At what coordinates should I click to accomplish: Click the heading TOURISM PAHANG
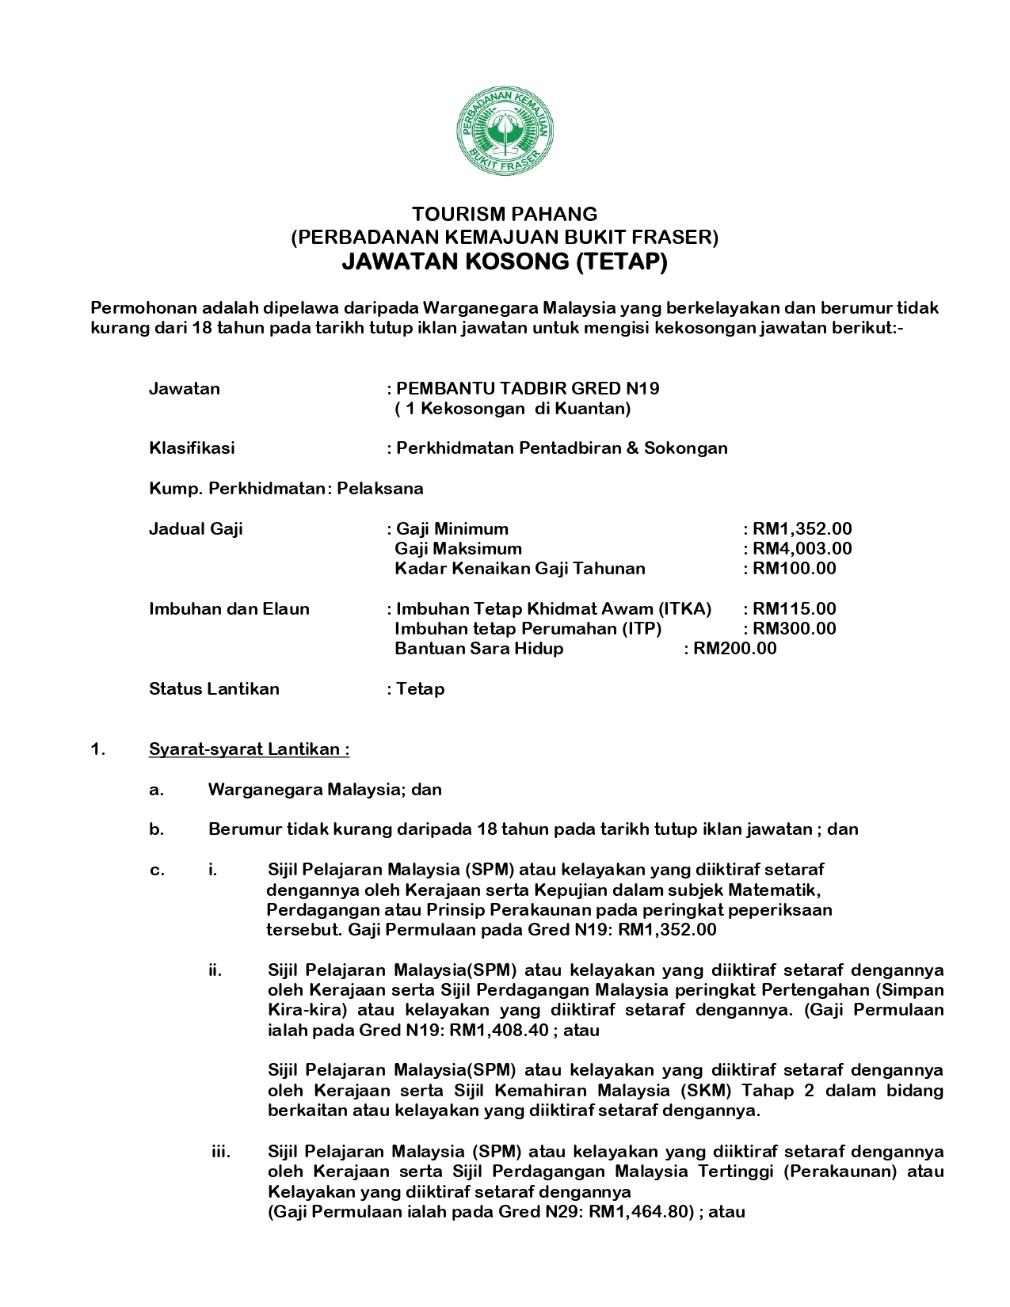click(x=505, y=214)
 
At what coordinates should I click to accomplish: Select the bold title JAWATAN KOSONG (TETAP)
click(x=505, y=261)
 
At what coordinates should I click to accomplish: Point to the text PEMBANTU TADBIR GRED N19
click(x=528, y=389)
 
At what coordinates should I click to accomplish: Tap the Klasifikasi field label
click(x=192, y=448)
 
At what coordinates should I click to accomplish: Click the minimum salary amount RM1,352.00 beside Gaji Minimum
click(x=802, y=529)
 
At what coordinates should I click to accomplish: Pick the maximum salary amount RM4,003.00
click(x=802, y=549)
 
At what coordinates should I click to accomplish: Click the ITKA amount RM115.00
click(x=794, y=609)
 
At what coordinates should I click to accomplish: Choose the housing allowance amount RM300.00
click(x=794, y=629)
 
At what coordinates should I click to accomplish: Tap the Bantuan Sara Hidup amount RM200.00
click(x=734, y=649)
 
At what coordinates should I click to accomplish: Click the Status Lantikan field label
click(x=214, y=689)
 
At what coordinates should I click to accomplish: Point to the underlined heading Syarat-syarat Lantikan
click(x=249, y=749)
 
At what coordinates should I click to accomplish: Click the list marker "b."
click(x=156, y=830)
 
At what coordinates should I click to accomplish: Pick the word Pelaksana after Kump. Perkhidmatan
click(x=380, y=489)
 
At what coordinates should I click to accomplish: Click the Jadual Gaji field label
click(x=196, y=529)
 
